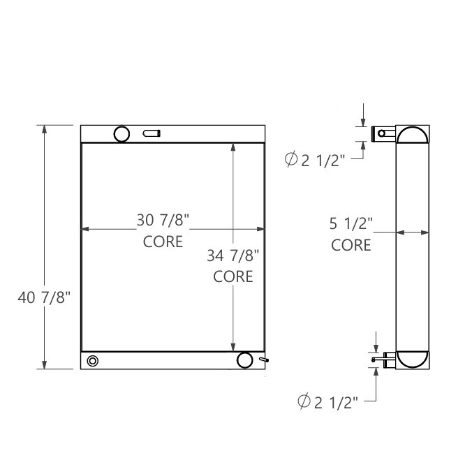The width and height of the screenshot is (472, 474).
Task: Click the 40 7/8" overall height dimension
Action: point(44,298)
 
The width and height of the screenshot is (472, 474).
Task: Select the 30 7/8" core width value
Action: point(163,221)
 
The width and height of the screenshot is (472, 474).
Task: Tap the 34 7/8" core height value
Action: point(233,255)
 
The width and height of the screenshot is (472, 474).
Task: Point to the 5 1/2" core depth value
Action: point(351,224)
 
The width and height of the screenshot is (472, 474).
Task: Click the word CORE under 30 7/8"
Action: point(163,242)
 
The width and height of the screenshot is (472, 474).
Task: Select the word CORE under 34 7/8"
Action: point(233,276)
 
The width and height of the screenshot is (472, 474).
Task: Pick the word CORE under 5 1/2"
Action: point(351,245)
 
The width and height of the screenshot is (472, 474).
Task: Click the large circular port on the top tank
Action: point(122,133)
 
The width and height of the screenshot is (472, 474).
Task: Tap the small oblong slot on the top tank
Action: point(152,133)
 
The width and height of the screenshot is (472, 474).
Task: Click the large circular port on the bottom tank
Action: point(244,360)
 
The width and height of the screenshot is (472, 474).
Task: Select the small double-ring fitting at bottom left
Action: point(93,360)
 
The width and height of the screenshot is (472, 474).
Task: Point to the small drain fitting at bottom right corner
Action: point(263,360)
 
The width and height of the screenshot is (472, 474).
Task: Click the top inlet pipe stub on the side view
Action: point(383,133)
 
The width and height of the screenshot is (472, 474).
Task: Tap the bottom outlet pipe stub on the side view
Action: point(384,360)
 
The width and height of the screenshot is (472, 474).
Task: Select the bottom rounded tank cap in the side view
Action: point(413,359)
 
